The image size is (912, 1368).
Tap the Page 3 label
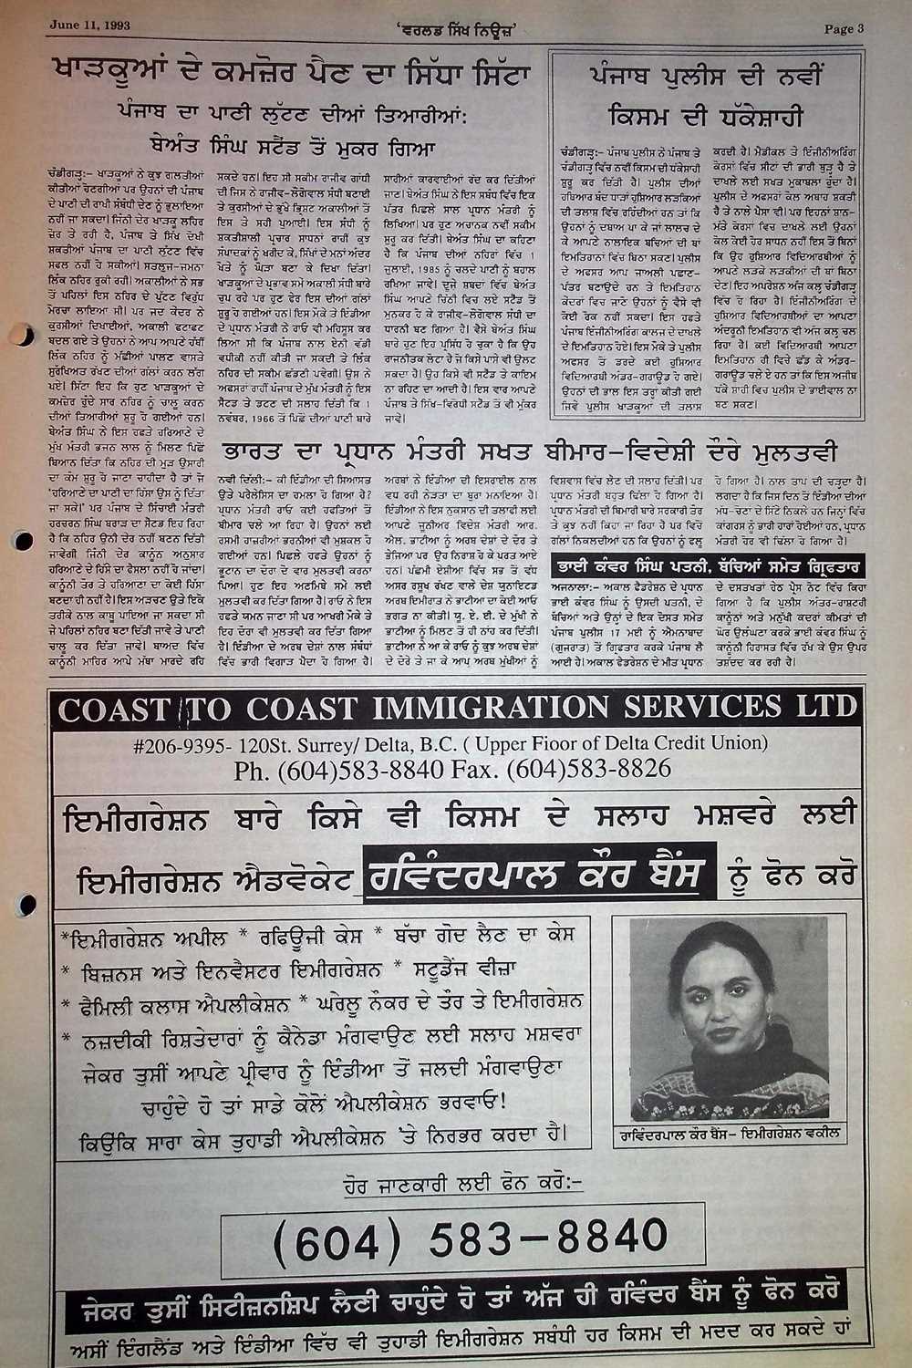coord(843,28)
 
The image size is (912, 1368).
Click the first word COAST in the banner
coord(116,709)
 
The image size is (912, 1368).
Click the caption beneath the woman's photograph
coord(729,1135)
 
